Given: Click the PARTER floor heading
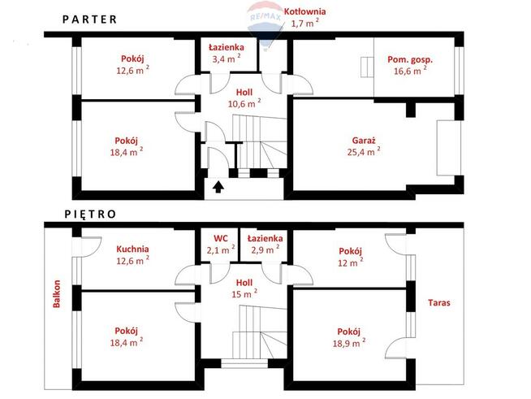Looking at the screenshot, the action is [90, 20].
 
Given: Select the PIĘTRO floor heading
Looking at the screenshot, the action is [90, 215].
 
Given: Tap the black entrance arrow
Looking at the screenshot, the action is [218, 187].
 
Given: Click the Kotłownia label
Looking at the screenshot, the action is [304, 11].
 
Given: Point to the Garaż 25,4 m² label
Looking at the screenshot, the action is [364, 145].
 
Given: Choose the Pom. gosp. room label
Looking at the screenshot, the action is [410, 60].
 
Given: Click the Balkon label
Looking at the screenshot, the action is [57, 293].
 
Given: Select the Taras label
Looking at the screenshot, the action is [439, 303].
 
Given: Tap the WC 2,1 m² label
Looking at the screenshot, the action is [221, 245].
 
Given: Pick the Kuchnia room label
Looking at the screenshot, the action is [132, 249].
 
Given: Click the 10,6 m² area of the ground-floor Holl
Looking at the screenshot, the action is [244, 103].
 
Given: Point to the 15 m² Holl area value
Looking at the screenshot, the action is [244, 293].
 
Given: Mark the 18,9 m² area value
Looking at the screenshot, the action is [349, 343].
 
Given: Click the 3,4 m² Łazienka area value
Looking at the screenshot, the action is [227, 59].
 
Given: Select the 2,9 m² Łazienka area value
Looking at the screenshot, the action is [265, 249].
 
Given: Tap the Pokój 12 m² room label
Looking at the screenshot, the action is [351, 257].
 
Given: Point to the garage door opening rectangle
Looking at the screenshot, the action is [448, 148].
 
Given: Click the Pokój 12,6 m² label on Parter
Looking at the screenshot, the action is [133, 64].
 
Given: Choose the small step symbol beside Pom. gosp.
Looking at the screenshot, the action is [367, 67].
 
